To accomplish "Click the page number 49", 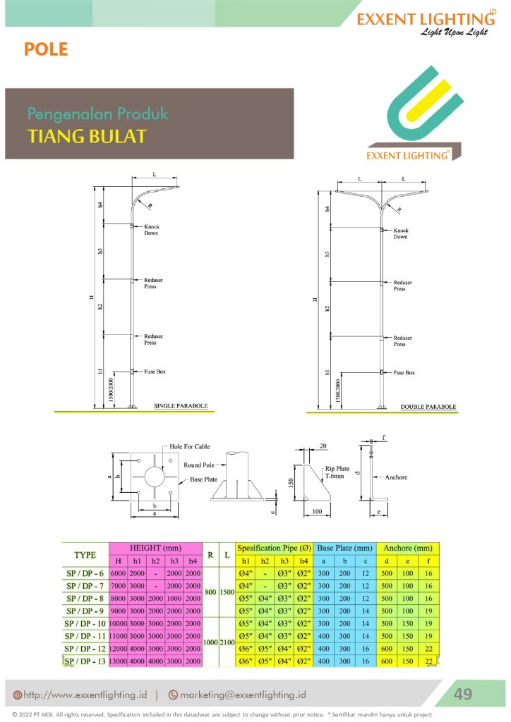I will tap(462, 694).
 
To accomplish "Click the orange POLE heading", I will tap(46, 49).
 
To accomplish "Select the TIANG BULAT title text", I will tap(87, 136).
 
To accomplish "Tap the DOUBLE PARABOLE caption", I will tap(428, 407).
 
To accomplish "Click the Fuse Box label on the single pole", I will tap(155, 371).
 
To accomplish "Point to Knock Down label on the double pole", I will tap(401, 233).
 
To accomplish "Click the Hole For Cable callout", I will tap(189, 447).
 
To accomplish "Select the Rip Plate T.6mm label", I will tap(338, 472).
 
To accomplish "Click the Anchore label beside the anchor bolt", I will tap(396, 477).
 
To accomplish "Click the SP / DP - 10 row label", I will tap(85, 623).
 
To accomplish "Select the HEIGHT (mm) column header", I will tap(155, 548).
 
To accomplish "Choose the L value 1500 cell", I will tap(226, 592).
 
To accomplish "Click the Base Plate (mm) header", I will tap(345, 548).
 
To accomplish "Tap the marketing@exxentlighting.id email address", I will tap(243, 695).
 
